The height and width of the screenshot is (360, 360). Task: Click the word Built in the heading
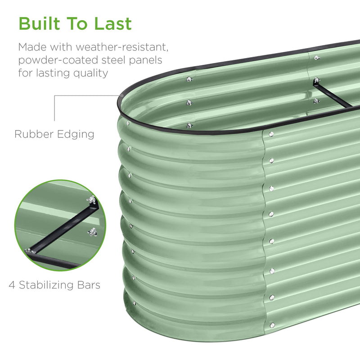pyautogui.click(x=40, y=23)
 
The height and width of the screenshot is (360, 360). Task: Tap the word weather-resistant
pyautogui.click(x=122, y=47)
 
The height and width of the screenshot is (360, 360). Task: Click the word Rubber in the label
pyautogui.click(x=34, y=134)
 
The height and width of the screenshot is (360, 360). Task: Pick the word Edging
pyautogui.click(x=76, y=135)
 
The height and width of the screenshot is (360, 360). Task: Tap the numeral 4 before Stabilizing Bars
pyautogui.click(x=12, y=285)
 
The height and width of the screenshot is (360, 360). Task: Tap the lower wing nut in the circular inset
pyautogui.click(x=92, y=232)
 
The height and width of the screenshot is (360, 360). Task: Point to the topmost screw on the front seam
pyautogui.click(x=271, y=134)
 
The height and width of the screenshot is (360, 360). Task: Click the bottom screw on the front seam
pyautogui.click(x=272, y=325)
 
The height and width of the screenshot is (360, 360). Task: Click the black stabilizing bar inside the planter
pyautogui.click(x=333, y=95)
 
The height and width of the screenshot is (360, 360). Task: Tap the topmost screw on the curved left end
pyautogui.click(x=128, y=123)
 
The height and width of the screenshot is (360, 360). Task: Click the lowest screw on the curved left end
pyautogui.click(x=134, y=303)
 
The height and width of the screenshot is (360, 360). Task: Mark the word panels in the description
pyautogui.click(x=145, y=60)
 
